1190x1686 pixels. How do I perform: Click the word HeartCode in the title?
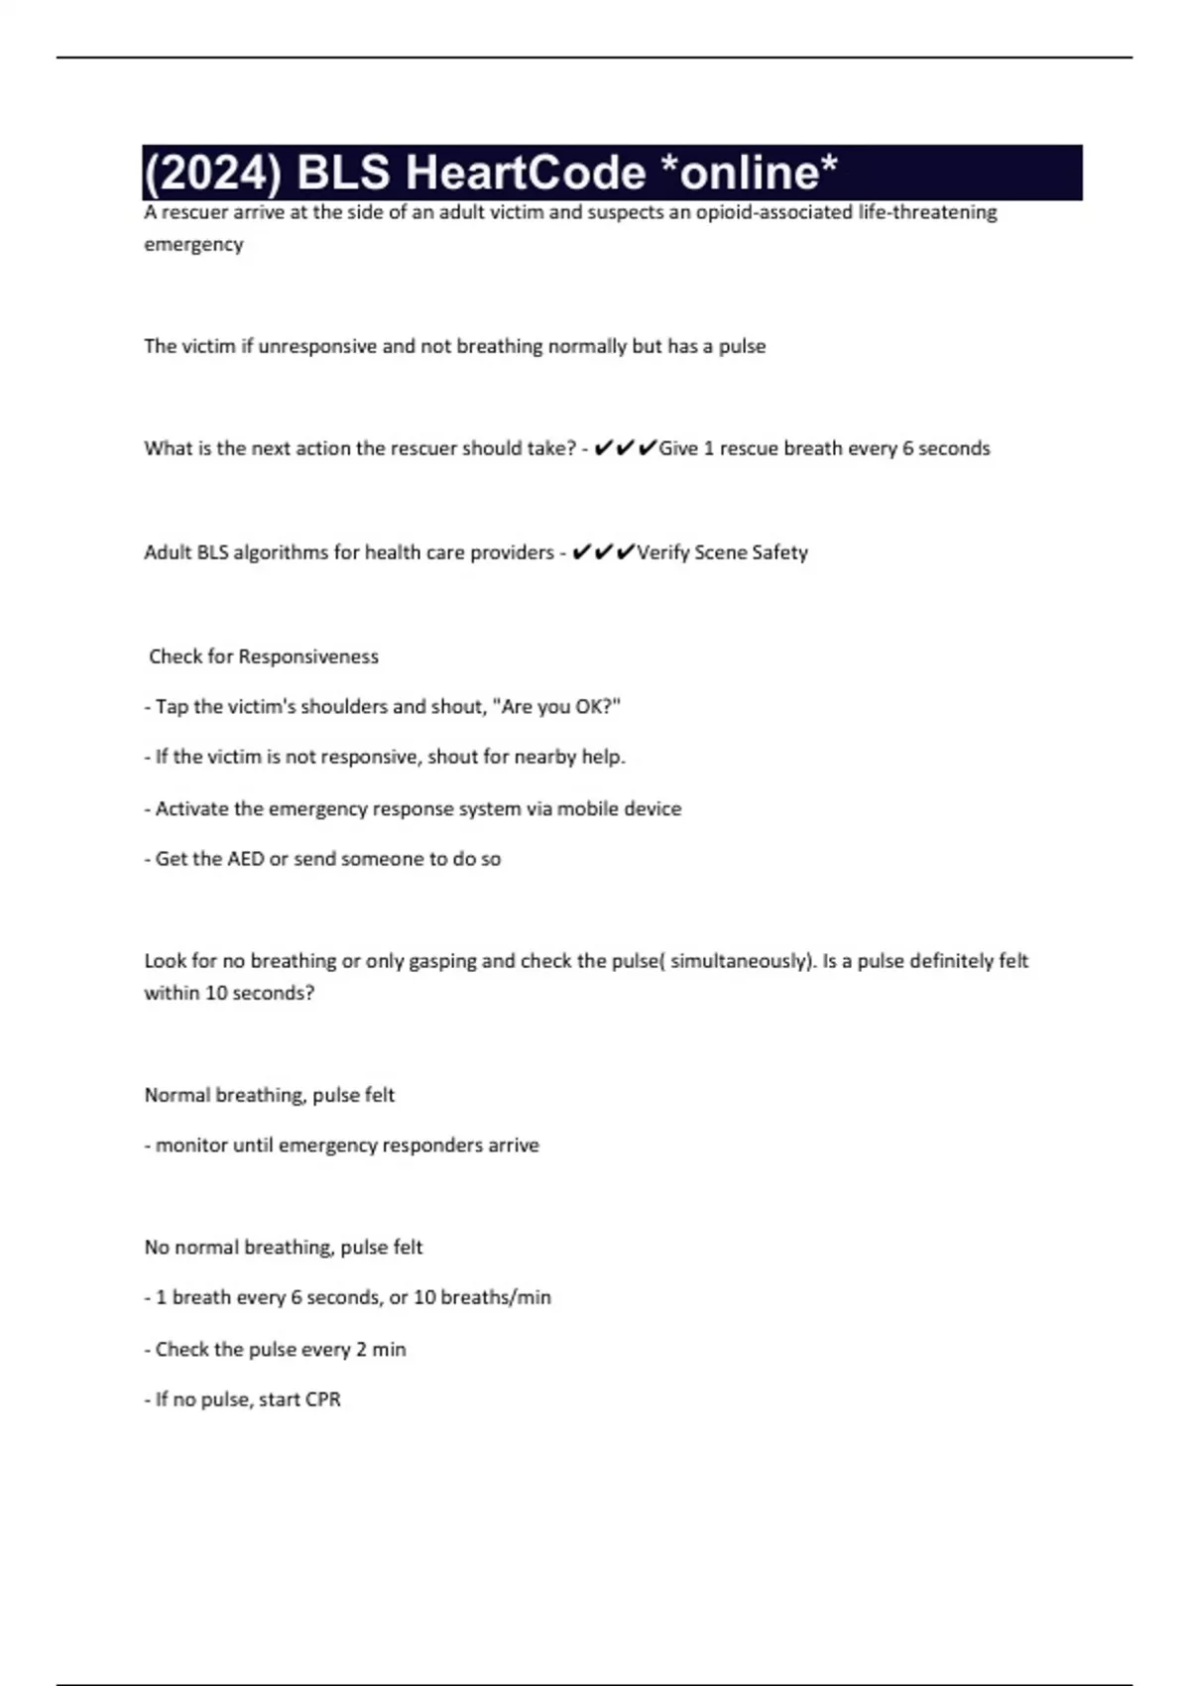point(526,173)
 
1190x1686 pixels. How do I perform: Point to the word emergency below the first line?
point(193,244)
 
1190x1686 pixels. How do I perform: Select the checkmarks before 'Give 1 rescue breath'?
point(625,448)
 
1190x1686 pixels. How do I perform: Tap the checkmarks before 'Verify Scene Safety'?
point(603,552)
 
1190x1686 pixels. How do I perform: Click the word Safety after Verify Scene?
point(779,552)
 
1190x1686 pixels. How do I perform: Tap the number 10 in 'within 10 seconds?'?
point(216,993)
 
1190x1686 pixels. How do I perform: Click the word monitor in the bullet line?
point(191,1145)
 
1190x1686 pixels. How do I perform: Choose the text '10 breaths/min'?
point(482,1297)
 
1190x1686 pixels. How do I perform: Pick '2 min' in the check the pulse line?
point(381,1350)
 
